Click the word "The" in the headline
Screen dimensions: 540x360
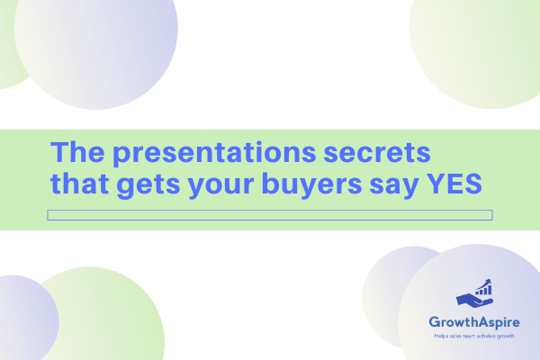click(x=77, y=152)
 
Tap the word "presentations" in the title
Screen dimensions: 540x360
click(x=214, y=154)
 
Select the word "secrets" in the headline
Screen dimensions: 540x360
click(x=377, y=153)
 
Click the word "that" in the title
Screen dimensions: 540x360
click(x=79, y=184)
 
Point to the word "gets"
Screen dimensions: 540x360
click(x=148, y=186)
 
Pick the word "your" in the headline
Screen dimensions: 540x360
click(x=221, y=187)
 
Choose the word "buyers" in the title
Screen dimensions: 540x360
click(x=312, y=185)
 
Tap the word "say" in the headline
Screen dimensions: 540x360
click(x=394, y=187)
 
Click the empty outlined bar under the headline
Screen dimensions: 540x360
click(x=270, y=210)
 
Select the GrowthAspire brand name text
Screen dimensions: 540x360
click(x=474, y=322)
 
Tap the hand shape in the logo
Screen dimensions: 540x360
click(x=474, y=300)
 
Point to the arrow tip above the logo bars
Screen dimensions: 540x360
click(x=490, y=281)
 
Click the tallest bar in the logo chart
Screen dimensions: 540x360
click(x=490, y=290)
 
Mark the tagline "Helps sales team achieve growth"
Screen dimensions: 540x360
click(x=474, y=336)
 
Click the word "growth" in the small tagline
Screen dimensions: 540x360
click(x=506, y=337)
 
